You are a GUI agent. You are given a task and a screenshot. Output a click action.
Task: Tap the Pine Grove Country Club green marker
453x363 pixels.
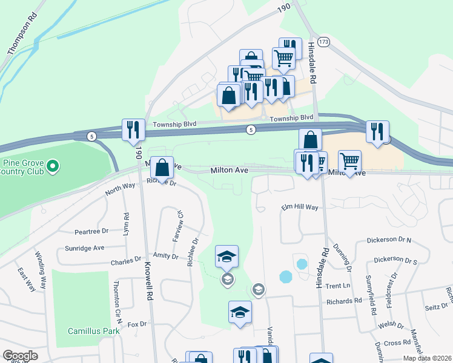click(x=53, y=165)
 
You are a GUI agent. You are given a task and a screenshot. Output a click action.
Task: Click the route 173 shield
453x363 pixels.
click(x=325, y=42)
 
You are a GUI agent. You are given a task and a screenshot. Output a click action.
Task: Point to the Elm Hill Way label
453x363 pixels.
click(x=299, y=208)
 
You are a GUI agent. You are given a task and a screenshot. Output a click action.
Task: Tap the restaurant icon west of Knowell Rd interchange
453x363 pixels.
click(x=133, y=129)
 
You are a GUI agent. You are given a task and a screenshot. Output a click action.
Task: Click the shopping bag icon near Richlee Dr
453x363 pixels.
click(x=162, y=168)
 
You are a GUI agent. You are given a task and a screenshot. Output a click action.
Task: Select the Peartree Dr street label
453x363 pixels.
click(x=91, y=231)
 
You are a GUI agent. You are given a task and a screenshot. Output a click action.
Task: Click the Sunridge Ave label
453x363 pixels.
click(x=85, y=248)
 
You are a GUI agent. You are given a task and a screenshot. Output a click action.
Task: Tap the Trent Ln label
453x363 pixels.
click(x=338, y=286)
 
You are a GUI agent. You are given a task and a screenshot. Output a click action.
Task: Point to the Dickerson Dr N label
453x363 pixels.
click(x=389, y=240)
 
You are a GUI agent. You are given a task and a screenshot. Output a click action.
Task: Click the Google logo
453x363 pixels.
click(x=20, y=356)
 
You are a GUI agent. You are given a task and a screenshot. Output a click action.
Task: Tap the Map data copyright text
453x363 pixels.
click(x=427, y=358)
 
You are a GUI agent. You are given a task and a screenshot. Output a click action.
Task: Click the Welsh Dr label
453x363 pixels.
click(x=391, y=325)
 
